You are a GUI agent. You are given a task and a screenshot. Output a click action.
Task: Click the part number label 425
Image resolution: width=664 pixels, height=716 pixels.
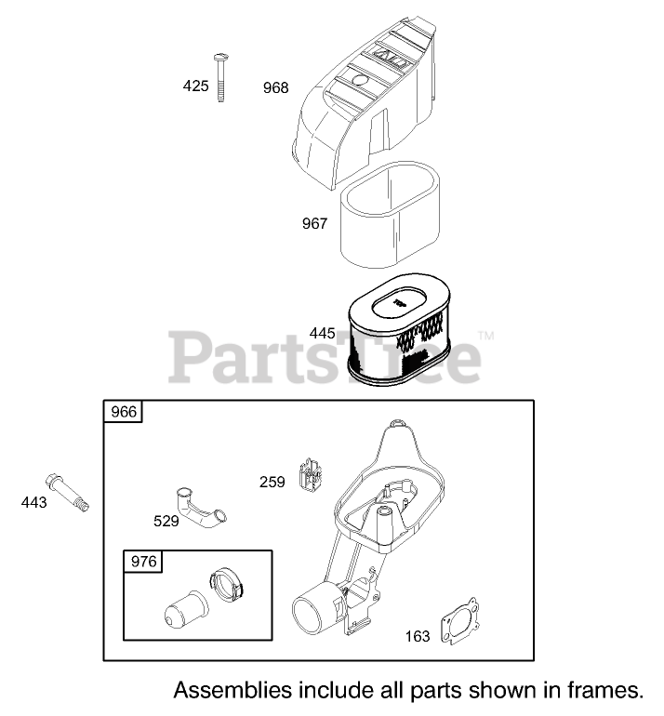[195, 86]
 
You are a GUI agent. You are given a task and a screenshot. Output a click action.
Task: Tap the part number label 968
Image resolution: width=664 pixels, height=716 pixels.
[275, 88]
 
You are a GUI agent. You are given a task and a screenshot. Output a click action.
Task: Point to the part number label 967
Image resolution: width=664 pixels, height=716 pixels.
[314, 224]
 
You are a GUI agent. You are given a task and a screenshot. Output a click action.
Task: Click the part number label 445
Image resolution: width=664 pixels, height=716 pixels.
[322, 332]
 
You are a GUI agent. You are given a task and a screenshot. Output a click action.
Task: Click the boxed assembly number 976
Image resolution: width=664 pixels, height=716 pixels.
[144, 561]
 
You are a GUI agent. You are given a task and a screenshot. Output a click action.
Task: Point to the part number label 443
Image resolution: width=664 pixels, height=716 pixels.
[33, 503]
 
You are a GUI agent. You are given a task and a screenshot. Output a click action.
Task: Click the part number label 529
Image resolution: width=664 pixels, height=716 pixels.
[166, 521]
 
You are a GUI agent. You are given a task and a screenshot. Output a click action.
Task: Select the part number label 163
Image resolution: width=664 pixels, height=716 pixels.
[418, 636]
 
